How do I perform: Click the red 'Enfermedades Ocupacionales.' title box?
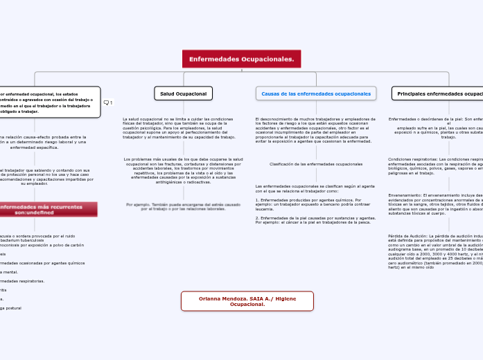click(241, 59)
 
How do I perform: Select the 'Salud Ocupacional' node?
click(183, 93)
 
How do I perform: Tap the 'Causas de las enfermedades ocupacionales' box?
click(315, 93)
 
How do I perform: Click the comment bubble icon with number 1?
click(107, 102)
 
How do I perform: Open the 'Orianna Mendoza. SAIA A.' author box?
click(247, 301)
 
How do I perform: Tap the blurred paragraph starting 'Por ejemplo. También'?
click(183, 206)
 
